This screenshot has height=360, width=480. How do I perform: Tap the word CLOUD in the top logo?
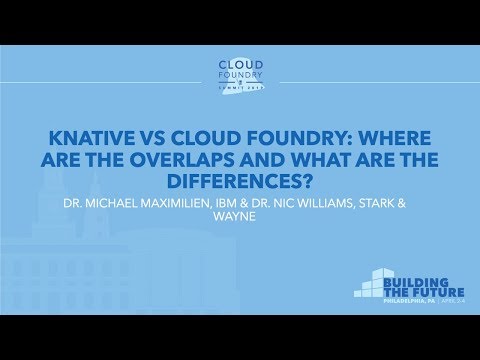click(x=240, y=60)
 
